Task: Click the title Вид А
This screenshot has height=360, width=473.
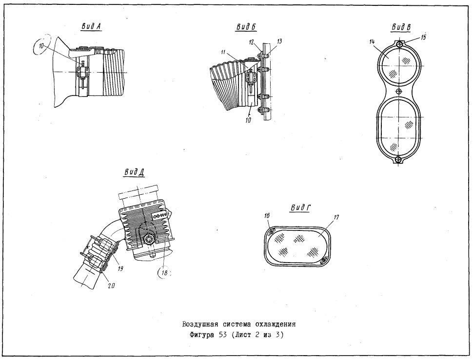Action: [91, 26]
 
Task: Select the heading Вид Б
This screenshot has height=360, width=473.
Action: [246, 27]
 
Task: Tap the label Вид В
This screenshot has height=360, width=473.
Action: [401, 27]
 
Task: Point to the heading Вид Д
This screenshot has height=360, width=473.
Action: [134, 172]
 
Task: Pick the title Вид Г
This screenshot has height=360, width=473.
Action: [301, 208]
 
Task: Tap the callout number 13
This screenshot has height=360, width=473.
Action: [279, 41]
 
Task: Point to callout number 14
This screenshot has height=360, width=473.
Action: [372, 41]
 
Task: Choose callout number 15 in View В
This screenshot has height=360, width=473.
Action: [424, 38]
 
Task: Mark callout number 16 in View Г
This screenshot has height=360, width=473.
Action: [267, 215]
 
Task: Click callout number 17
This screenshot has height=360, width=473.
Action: [336, 217]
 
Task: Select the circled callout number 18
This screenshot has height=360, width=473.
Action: [164, 273]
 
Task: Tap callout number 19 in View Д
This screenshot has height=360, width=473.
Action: [120, 268]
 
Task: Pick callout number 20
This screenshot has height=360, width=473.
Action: [111, 285]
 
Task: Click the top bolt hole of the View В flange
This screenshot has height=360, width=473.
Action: [399, 44]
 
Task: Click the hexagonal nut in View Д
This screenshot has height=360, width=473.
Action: [148, 240]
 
